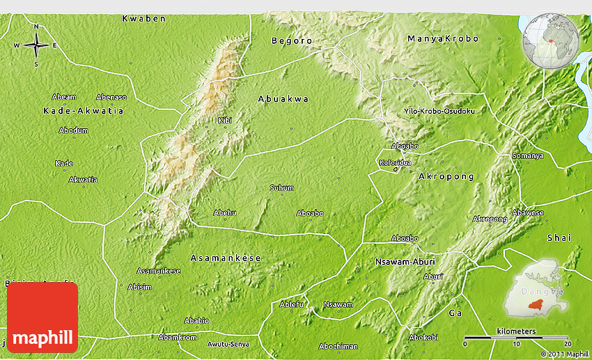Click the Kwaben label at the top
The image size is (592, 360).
click(144, 19)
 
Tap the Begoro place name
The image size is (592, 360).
click(292, 41)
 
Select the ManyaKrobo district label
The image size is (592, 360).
click(443, 39)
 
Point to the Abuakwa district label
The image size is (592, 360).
click(283, 100)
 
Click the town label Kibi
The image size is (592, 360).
click(224, 120)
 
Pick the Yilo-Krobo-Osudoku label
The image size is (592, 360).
click(439, 111)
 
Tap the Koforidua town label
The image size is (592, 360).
click(395, 162)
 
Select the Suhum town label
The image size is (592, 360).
click(281, 188)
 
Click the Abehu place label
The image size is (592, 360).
click(225, 213)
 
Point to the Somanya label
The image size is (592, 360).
click(527, 155)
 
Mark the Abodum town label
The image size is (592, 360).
click(73, 130)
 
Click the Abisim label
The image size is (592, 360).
click(139, 287)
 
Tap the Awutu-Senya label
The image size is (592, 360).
click(228, 344)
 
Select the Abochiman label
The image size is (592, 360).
click(338, 346)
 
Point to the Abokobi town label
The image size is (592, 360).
click(423, 337)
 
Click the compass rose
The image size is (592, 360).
click(36, 45)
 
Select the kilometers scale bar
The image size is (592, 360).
click(516, 338)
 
